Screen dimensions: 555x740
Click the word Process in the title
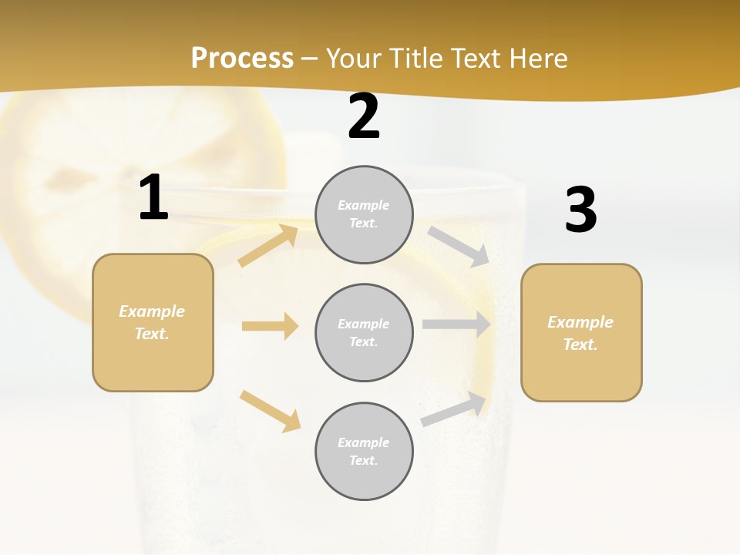pyautogui.click(x=242, y=59)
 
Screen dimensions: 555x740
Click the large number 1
pyautogui.click(x=153, y=198)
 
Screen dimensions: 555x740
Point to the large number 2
pyautogui.click(x=364, y=116)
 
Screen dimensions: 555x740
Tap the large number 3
pyautogui.click(x=580, y=210)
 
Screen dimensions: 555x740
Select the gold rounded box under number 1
pyautogui.click(x=153, y=322)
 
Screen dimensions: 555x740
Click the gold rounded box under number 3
pyautogui.click(x=581, y=333)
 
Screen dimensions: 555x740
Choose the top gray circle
pyautogui.click(x=364, y=214)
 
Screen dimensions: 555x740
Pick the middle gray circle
pyautogui.click(x=364, y=333)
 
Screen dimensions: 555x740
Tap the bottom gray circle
pyautogui.click(x=364, y=452)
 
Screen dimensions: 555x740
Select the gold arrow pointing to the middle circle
pyautogui.click(x=270, y=326)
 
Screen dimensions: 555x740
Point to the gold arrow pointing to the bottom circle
pyautogui.click(x=270, y=411)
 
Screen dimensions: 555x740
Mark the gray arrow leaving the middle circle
pyautogui.click(x=456, y=325)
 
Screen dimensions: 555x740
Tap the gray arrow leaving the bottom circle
pyautogui.click(x=454, y=409)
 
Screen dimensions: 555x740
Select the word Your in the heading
pyautogui.click(x=355, y=59)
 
